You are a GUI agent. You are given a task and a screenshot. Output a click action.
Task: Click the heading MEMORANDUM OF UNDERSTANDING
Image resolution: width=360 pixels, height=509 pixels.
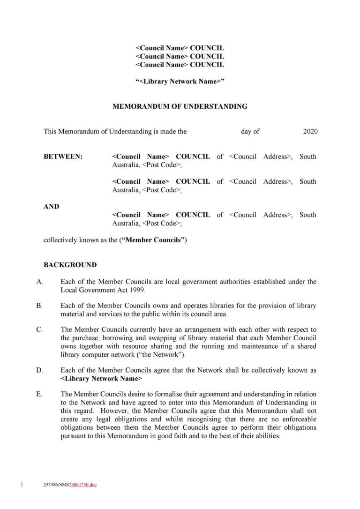180,106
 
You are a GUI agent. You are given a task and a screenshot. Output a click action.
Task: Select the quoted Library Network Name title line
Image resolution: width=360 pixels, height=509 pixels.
180,81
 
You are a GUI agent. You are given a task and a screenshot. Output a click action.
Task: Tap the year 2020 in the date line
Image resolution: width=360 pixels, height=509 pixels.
310,132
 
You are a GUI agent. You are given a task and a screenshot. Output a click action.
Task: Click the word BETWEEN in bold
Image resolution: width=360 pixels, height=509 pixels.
63,157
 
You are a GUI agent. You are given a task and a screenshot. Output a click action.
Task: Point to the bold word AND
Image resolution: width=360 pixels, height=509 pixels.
52,206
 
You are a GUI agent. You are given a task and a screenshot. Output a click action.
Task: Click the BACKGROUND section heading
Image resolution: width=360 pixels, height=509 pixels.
70,265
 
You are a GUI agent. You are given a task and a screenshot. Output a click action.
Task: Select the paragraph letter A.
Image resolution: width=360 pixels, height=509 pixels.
39,282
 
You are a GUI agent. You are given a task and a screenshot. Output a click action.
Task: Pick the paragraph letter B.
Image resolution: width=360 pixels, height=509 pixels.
39,306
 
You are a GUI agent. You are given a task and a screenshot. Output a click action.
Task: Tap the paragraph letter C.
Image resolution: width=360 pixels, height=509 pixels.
39,329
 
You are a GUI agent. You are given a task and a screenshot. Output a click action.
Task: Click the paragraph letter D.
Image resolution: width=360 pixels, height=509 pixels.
39,370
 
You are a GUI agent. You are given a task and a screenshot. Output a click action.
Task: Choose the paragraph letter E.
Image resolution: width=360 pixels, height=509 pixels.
39,394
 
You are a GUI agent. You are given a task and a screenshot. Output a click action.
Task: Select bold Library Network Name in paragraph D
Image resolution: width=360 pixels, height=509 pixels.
102,378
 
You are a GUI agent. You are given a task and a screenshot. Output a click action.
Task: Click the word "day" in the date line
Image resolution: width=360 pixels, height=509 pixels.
247,132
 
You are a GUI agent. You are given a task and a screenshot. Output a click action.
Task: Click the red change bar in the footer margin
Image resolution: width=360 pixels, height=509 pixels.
22,485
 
